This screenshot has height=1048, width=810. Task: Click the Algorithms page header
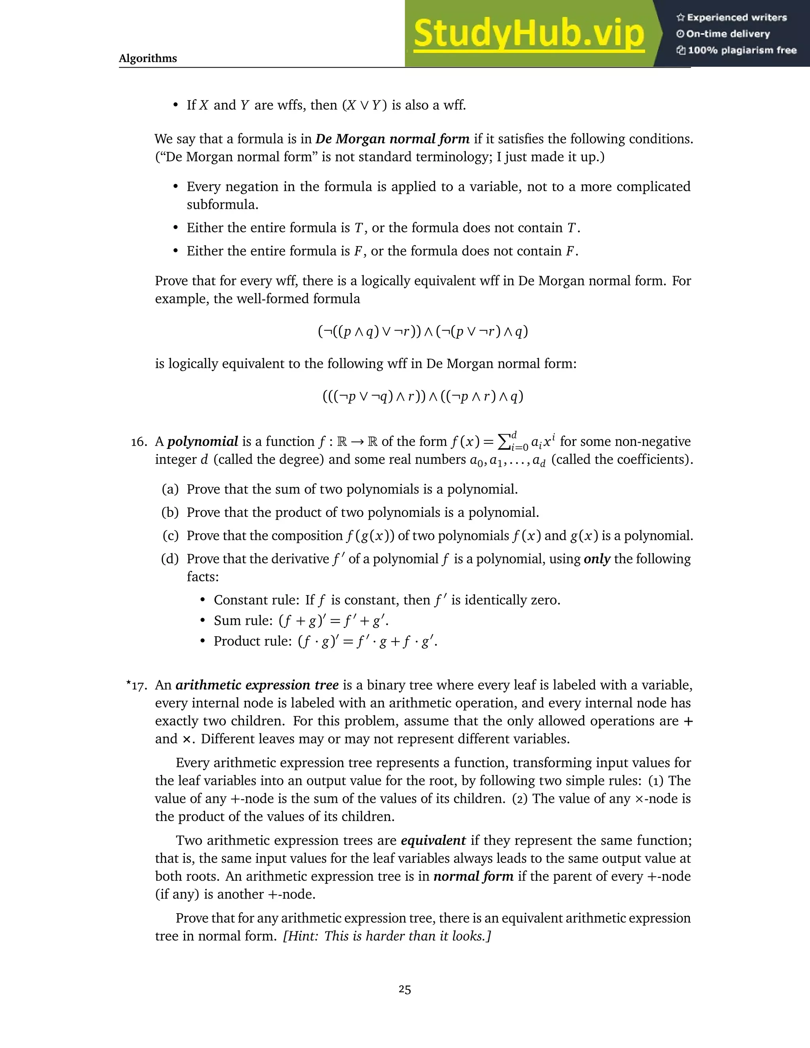click(148, 59)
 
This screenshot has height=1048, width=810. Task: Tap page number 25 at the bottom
click(405, 989)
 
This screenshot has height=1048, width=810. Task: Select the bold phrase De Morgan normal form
click(392, 139)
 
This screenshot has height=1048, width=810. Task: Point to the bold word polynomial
click(202, 441)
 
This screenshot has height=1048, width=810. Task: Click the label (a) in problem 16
click(170, 490)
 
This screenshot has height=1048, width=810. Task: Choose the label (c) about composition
click(170, 535)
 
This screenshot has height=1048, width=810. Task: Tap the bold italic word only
click(596, 559)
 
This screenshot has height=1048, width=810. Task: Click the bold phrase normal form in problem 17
click(473, 876)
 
